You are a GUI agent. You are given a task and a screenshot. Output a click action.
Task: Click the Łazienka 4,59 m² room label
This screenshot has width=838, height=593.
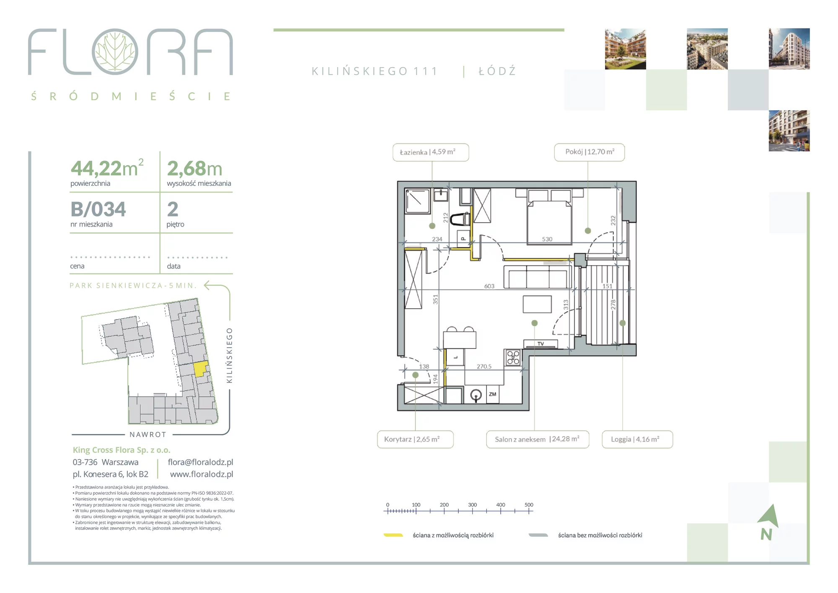(x=430, y=152)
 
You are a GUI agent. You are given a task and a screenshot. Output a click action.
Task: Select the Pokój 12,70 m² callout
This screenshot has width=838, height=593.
(x=589, y=152)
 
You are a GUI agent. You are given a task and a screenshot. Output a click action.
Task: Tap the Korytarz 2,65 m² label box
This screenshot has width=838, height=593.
(x=415, y=440)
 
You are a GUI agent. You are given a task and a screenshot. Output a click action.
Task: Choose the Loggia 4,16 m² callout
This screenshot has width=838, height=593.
(x=637, y=440)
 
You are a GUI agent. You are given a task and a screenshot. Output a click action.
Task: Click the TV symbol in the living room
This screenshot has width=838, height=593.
(x=541, y=344)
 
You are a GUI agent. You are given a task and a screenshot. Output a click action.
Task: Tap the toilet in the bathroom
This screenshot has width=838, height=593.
(x=460, y=218)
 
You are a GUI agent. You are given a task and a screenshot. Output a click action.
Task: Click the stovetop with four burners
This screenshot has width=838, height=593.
(x=513, y=357)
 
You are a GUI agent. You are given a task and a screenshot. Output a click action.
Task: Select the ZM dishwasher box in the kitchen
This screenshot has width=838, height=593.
(x=492, y=394)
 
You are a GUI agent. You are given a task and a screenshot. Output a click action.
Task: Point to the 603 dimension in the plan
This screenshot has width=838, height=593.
(x=489, y=286)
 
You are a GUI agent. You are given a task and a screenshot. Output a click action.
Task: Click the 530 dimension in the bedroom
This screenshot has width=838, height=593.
(x=547, y=239)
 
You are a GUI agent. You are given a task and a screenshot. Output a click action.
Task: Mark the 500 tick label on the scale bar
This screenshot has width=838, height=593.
(x=529, y=505)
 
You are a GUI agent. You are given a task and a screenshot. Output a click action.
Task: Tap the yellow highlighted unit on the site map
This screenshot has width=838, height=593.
(x=201, y=369)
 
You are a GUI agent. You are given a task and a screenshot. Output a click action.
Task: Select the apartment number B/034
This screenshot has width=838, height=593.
(x=98, y=209)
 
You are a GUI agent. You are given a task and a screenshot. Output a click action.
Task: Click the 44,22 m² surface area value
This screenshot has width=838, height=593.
(x=107, y=168)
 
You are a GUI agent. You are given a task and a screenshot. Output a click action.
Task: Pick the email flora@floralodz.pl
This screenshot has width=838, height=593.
(x=200, y=462)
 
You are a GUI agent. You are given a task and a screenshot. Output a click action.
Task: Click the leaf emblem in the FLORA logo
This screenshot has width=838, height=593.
(x=115, y=52)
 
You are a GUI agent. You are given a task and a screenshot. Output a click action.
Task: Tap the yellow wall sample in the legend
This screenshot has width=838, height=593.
(x=393, y=535)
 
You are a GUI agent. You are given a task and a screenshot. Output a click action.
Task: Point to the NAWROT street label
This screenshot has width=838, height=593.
(x=148, y=434)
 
